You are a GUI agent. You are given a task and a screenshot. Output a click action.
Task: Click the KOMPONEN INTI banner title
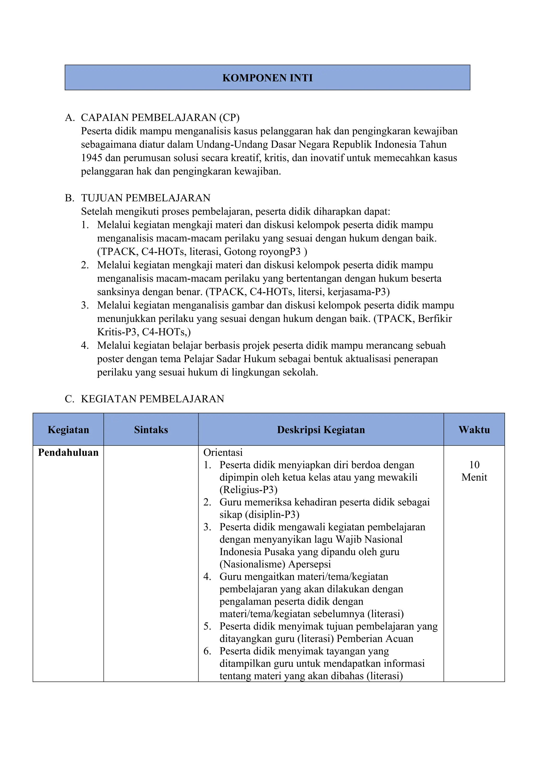[x=267, y=78]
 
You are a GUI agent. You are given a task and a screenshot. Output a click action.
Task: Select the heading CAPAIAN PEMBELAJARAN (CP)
[x=160, y=117]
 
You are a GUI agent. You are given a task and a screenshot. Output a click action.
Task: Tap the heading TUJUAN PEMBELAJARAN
[x=145, y=198]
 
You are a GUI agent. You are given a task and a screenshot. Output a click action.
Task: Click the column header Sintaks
[x=151, y=430]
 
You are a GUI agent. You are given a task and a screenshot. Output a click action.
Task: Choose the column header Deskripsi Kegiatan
[x=321, y=430]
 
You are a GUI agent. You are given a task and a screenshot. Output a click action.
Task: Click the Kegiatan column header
[x=68, y=430]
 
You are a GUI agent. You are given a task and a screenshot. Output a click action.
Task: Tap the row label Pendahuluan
[x=68, y=452]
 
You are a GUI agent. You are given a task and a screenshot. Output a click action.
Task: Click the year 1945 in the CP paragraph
[x=92, y=158]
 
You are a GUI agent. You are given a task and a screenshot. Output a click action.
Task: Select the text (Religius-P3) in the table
[x=248, y=490]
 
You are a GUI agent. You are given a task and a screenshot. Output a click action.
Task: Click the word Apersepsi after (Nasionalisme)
[x=309, y=564]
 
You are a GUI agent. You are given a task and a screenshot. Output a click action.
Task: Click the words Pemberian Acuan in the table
[x=375, y=639]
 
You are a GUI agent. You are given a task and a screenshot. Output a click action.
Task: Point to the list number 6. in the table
[x=207, y=651]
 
